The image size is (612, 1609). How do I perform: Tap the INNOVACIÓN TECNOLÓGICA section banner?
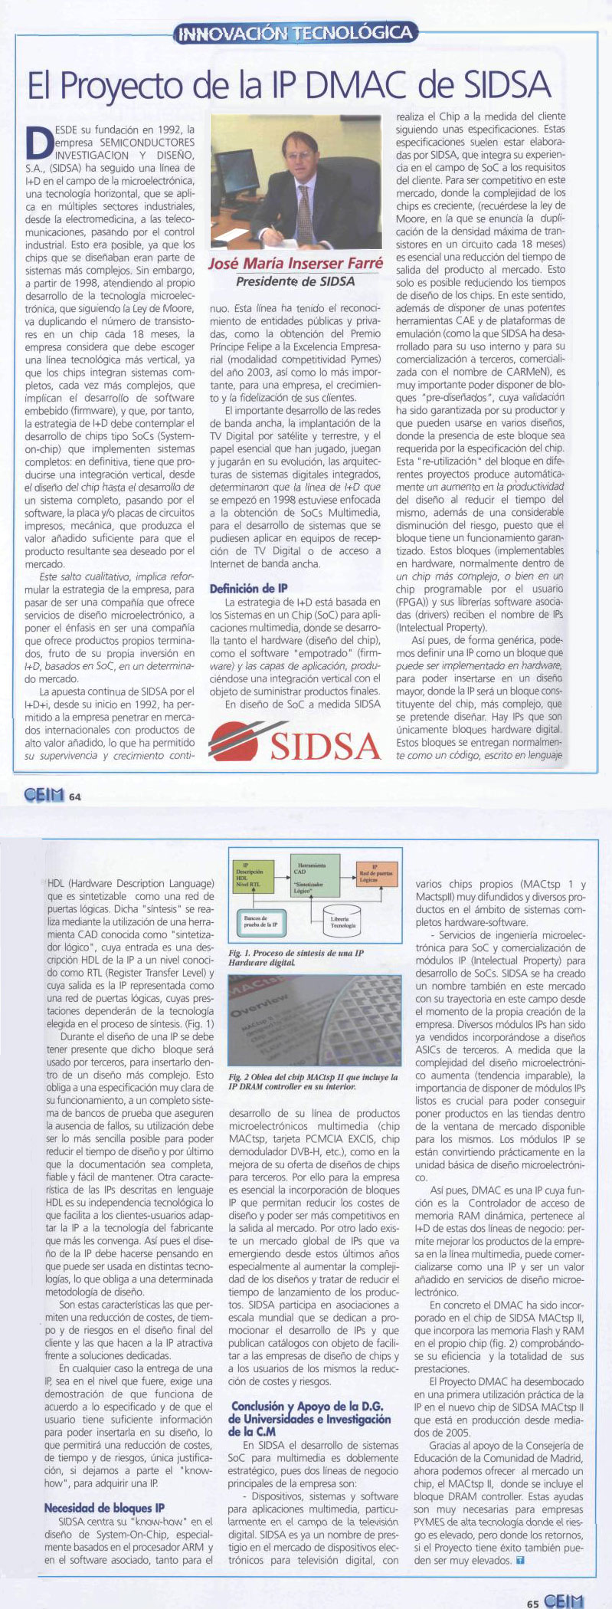click(295, 33)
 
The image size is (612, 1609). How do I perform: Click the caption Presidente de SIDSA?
click(295, 281)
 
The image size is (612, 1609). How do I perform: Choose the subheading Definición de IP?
click(249, 589)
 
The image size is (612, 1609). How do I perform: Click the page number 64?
click(75, 796)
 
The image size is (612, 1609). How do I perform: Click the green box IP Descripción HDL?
click(250, 875)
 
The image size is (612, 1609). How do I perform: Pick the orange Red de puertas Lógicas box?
click(376, 874)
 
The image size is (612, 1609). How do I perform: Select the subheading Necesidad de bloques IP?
click(104, 1508)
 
